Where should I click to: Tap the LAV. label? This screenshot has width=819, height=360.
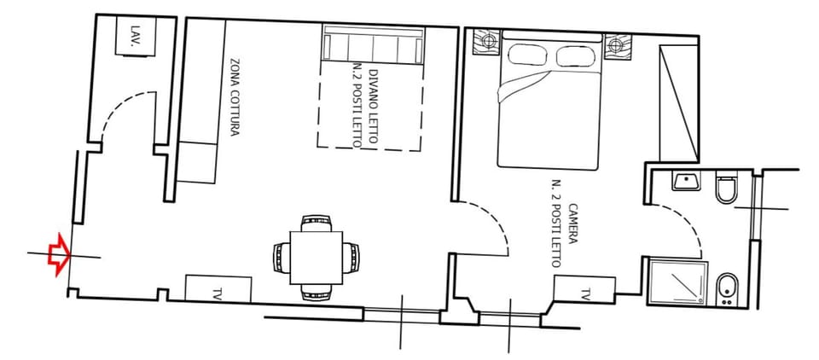pos(134,36)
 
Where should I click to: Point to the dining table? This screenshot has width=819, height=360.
pos(317,256)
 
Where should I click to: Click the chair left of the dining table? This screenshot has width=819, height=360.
pos(282,256)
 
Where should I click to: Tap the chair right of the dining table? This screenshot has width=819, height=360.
pos(350,256)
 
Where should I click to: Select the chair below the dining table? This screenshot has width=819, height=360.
pos(316,292)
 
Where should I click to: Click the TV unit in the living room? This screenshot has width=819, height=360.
pos(218,288)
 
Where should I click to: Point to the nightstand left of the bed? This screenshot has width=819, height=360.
pos(489,40)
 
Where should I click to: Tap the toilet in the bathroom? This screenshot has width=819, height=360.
pos(726,190)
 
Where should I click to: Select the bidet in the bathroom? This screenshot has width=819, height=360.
pos(726,288)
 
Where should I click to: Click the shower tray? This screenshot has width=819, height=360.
pos(678,283)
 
